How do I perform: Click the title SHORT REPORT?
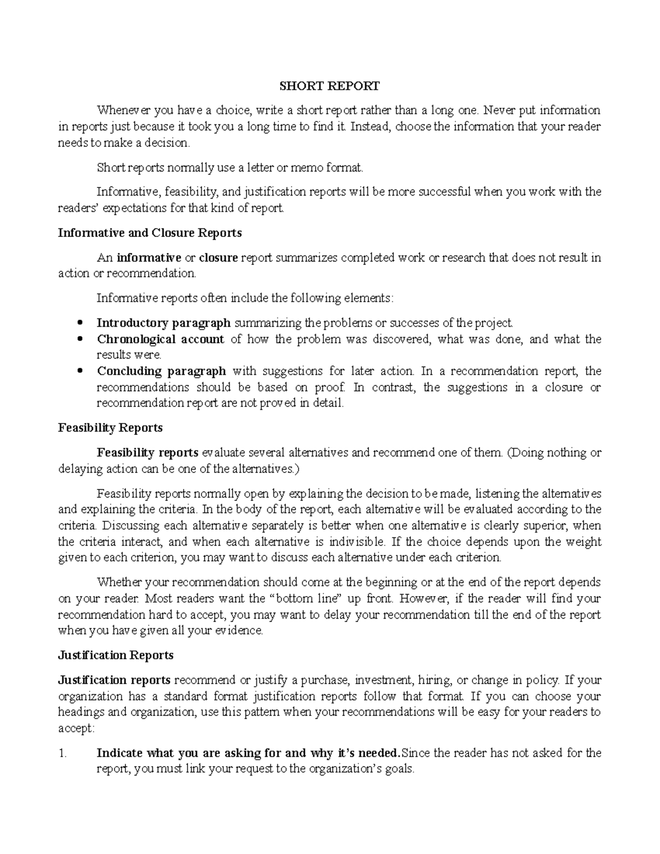[329, 86]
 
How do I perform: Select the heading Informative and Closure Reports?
[150, 233]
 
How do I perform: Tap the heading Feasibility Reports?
[110, 428]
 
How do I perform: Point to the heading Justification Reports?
[116, 655]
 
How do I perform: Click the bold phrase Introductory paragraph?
[163, 322]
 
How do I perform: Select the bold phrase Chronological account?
[161, 339]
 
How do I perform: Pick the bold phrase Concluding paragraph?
[161, 371]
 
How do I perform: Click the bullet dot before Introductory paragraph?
[80, 323]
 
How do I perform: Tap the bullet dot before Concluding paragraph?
[80, 371]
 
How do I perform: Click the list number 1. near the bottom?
[62, 753]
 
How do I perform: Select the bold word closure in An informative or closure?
[218, 257]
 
